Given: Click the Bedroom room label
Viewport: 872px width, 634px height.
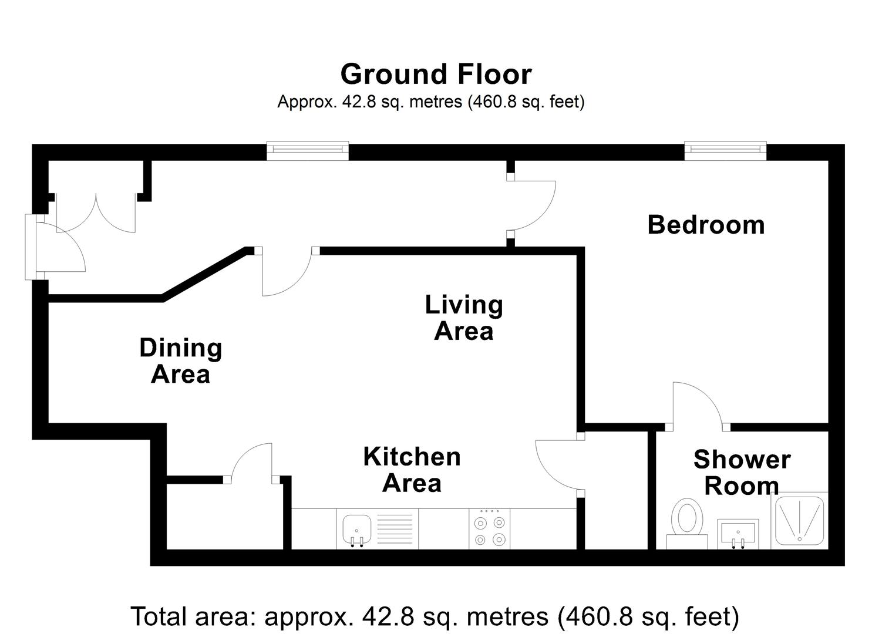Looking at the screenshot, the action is [706, 225].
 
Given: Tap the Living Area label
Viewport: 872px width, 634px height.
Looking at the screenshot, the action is [464, 318].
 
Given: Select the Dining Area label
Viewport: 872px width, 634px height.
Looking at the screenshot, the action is [181, 361].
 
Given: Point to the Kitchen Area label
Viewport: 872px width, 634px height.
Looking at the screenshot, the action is [412, 470].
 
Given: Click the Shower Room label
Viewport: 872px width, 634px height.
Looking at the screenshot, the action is [742, 473].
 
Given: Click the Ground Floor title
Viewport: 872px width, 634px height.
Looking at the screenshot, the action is [436, 74].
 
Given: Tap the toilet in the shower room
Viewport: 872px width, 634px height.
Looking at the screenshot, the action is [687, 524].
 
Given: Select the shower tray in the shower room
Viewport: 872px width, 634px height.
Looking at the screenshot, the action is [800, 520].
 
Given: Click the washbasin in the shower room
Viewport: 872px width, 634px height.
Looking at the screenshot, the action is [738, 533].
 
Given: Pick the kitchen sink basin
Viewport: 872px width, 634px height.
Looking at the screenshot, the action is [356, 531].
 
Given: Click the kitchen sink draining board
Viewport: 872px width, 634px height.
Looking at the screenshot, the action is [395, 529].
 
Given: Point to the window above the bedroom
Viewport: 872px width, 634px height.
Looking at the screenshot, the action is [725, 151].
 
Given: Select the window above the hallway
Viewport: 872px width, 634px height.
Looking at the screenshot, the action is [308, 151].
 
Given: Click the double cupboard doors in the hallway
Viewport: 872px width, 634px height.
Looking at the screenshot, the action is [96, 213].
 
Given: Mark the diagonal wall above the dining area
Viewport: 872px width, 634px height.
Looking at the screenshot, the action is [206, 274].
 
